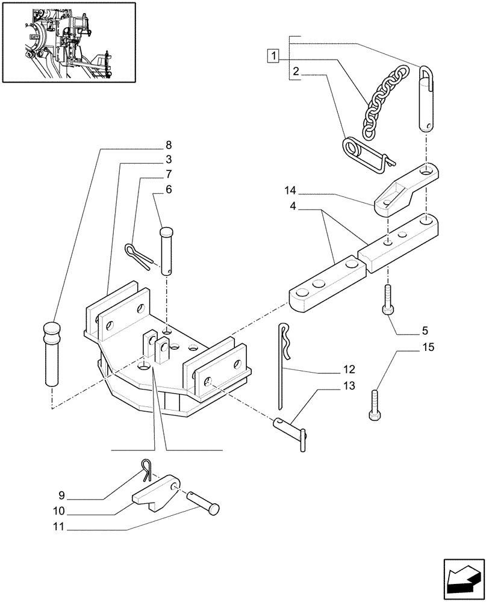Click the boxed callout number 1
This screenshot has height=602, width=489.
(x=274, y=57)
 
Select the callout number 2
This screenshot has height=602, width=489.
(x=296, y=72)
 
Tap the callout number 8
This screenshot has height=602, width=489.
(x=169, y=145)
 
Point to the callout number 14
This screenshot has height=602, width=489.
(x=290, y=191)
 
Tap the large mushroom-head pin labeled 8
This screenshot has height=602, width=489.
(x=52, y=355)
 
